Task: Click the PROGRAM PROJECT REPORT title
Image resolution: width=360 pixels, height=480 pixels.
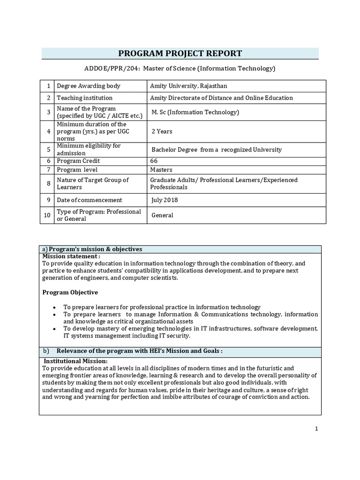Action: (x=180, y=53)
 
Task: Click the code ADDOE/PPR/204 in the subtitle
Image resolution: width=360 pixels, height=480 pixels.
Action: (x=111, y=69)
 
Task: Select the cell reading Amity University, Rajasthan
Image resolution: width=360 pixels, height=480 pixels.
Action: (x=188, y=86)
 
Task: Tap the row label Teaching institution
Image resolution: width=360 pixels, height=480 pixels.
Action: (x=84, y=98)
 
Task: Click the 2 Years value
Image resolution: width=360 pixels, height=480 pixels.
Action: (x=162, y=131)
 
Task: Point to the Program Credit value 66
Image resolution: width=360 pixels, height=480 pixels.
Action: (x=154, y=161)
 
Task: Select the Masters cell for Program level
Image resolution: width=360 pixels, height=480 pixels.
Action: (x=161, y=170)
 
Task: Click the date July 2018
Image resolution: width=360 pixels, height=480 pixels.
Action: (x=165, y=200)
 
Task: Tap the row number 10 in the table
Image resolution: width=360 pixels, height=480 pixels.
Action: (x=47, y=215)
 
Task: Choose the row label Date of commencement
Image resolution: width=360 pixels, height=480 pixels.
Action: (x=89, y=200)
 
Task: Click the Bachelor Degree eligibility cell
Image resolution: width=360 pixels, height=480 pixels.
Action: (x=217, y=150)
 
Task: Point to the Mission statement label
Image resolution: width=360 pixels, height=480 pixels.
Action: (x=71, y=256)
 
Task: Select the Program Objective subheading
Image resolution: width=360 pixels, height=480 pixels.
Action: (x=70, y=292)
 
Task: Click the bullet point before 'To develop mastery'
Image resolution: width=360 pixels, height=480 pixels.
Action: (x=55, y=329)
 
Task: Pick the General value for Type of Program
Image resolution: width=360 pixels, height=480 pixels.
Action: (x=162, y=215)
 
